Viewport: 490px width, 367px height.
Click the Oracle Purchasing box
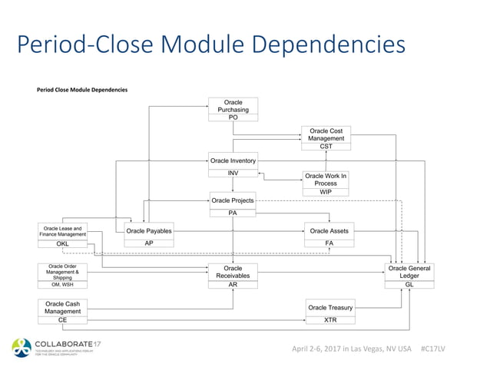pos(233,106)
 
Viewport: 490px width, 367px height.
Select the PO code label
pos(233,117)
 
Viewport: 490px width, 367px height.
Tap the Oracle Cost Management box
pos(326,134)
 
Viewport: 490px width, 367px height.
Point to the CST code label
pos(326,146)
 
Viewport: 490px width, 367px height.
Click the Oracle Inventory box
pos(233,160)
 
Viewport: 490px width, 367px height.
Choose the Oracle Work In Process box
pos(326,180)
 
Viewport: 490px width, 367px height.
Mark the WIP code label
pos(326,192)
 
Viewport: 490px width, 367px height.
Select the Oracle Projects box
pos(233,200)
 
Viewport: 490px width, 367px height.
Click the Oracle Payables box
pos(148,230)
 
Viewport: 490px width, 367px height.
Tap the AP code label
pos(148,243)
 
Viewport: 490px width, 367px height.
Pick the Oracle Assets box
pos(329,230)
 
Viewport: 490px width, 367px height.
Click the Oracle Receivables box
pos(233,272)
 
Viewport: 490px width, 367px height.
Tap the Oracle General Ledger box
pos(409,272)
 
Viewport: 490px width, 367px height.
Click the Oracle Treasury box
pos(330,307)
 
